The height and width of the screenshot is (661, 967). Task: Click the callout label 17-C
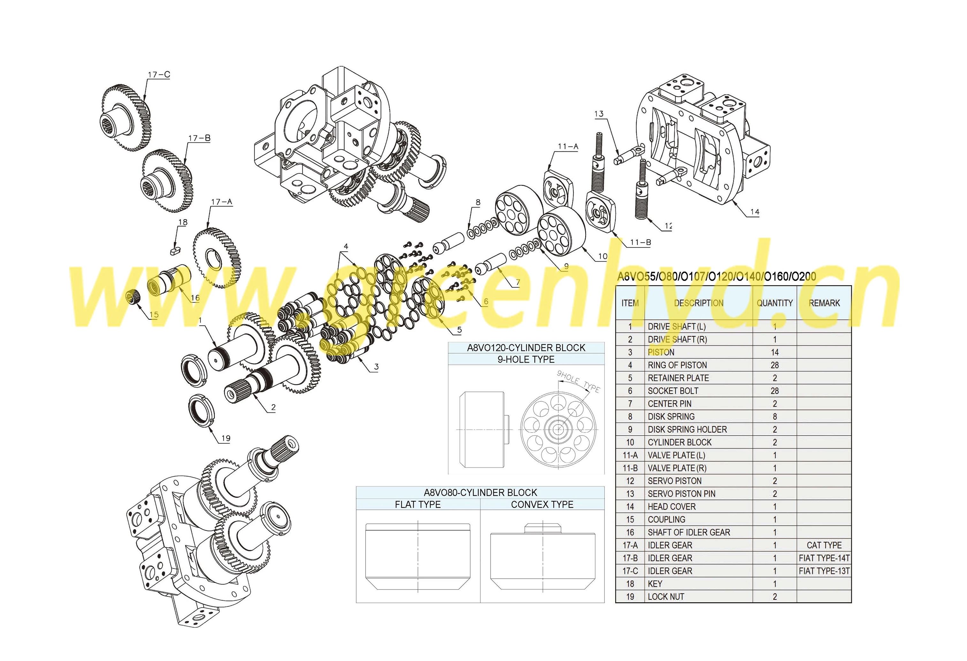pos(159,75)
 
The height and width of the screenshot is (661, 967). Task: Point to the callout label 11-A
pos(568,146)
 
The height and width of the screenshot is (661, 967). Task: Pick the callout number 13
pos(599,114)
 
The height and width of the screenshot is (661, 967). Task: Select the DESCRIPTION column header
pos(699,303)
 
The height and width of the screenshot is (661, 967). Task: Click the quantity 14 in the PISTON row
pos(774,352)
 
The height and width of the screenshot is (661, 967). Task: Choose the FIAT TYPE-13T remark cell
pos(824,571)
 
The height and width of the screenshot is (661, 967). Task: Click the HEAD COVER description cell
pos(672,507)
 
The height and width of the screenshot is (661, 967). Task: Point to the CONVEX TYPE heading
pos(542,505)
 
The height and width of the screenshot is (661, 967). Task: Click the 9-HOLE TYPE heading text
pos(526,359)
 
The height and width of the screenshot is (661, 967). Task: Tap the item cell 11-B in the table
pos(630,468)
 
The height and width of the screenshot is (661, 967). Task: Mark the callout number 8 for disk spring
pos(478,203)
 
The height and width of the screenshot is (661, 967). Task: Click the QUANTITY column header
pos(774,303)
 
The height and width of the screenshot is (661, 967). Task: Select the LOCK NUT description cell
pos(666,597)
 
